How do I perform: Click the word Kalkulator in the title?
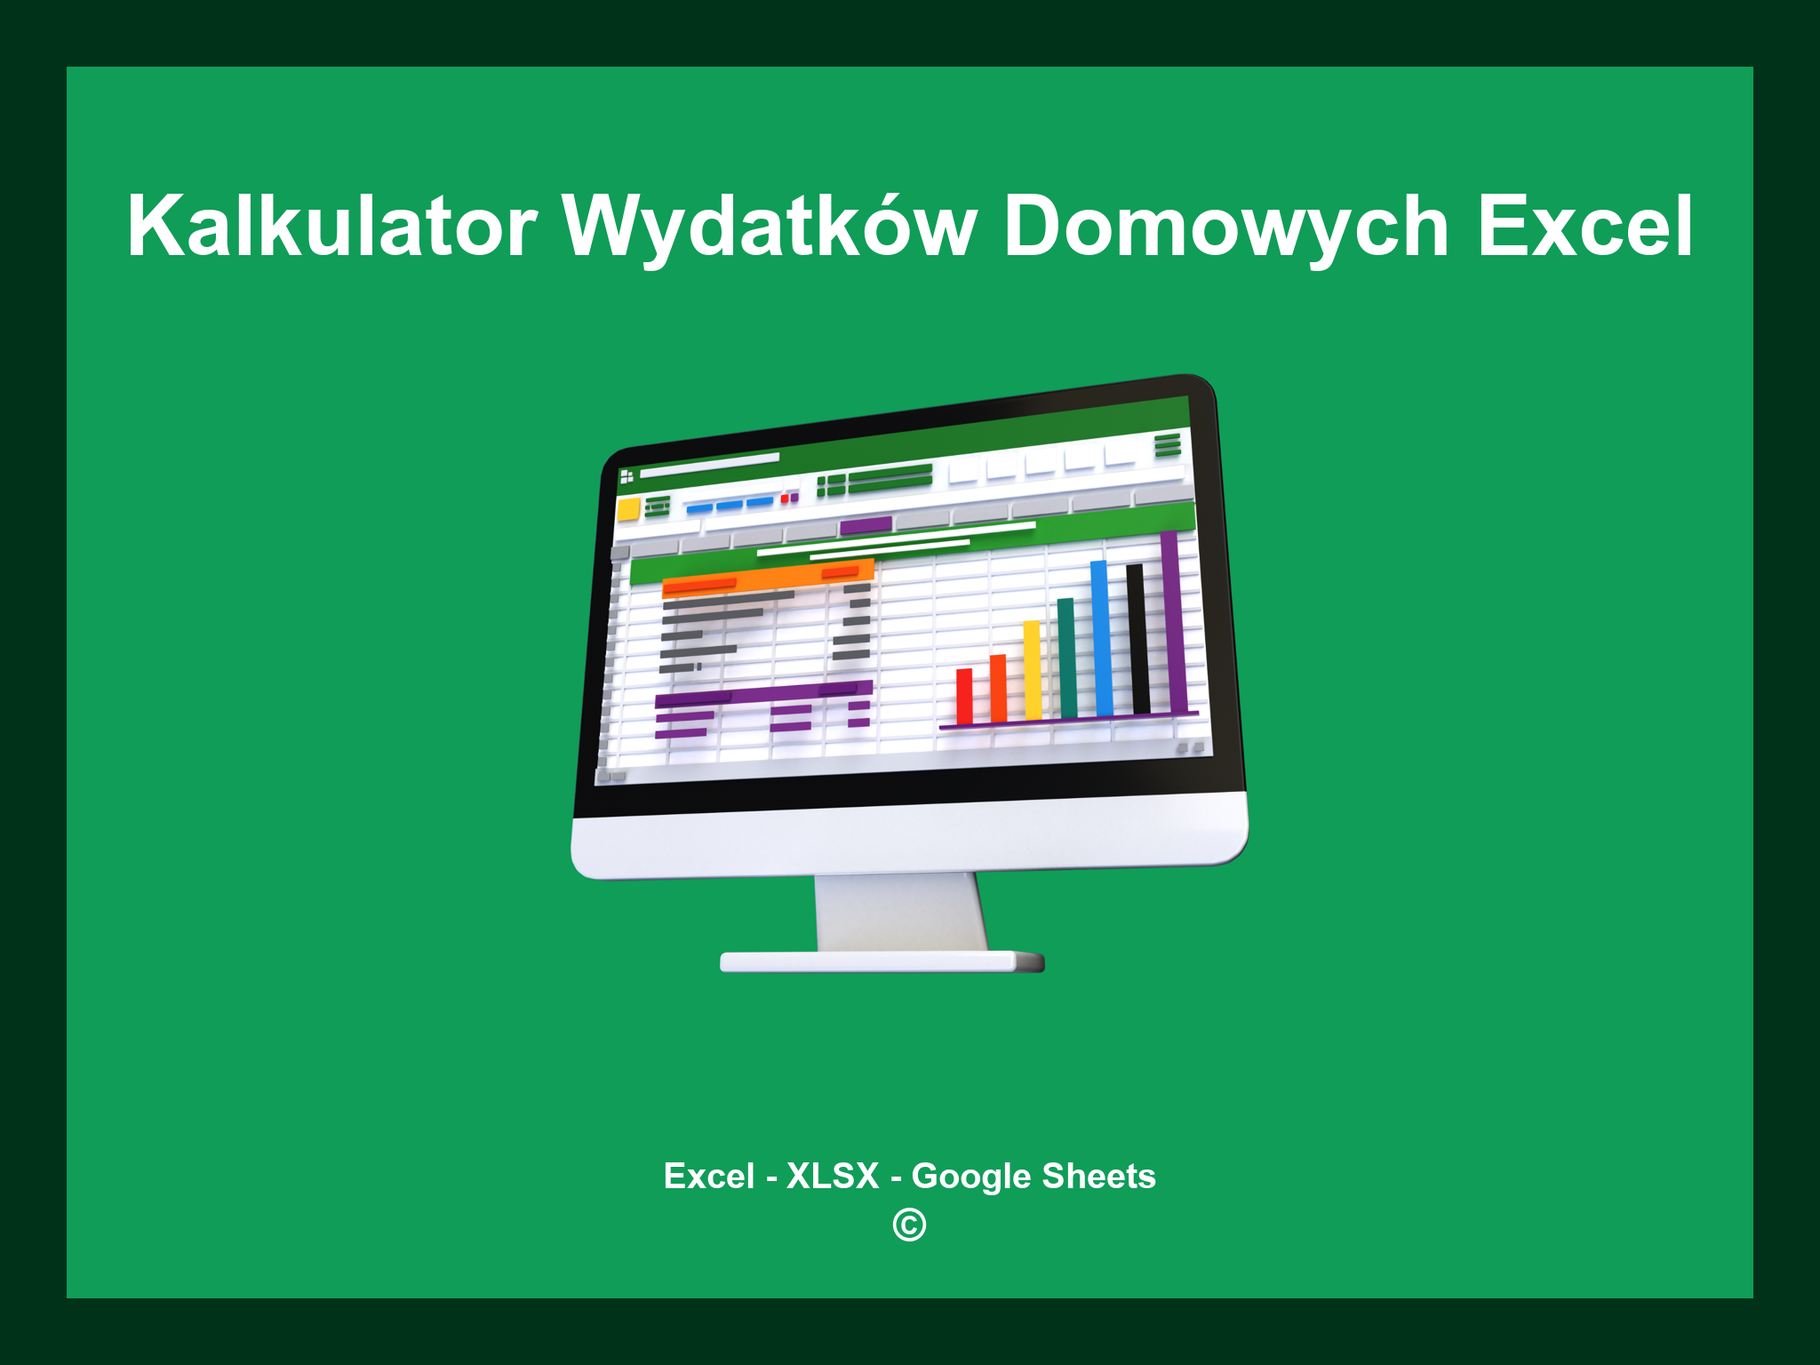pos(331,227)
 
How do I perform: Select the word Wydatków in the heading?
pos(770,227)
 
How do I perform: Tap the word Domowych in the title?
pos(1226,227)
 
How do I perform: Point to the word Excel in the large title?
pos(1585,227)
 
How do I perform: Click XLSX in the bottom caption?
pos(833,1176)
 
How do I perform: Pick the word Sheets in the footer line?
pos(1098,1176)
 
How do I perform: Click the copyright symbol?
pos(909,1225)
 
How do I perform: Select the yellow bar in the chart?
pos(1032,670)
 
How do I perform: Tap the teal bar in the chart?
pos(1066,658)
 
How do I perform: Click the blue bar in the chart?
pos(1101,638)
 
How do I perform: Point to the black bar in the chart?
pos(1137,638)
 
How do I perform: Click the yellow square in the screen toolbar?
pos(628,510)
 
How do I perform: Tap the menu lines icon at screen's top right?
pos(1167,444)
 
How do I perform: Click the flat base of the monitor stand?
pos(880,962)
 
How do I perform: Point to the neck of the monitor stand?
pos(899,911)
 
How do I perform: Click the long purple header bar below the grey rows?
pos(762,694)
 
